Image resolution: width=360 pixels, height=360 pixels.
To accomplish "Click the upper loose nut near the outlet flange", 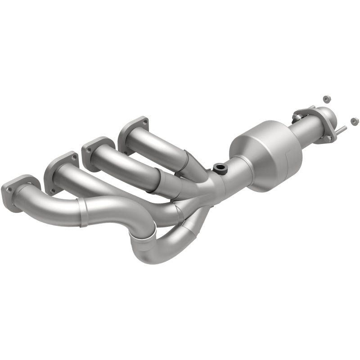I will [327, 99].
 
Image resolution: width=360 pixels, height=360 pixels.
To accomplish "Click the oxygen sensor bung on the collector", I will [220, 168].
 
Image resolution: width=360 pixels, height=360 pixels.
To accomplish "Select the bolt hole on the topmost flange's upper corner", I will [144, 120].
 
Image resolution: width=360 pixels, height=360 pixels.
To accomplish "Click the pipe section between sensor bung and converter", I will [236, 169].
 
